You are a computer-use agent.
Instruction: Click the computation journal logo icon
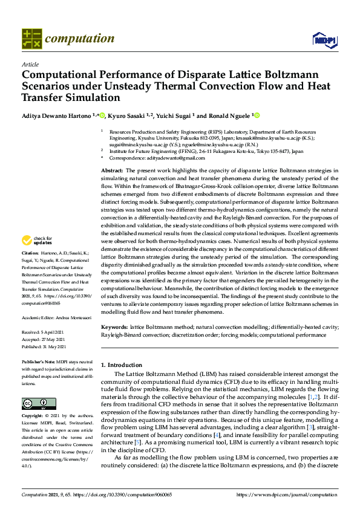click(x=31, y=39)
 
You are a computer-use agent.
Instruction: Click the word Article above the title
click(x=30, y=64)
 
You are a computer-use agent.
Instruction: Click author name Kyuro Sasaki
click(x=128, y=115)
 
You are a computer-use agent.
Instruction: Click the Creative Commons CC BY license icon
click(x=31, y=404)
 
